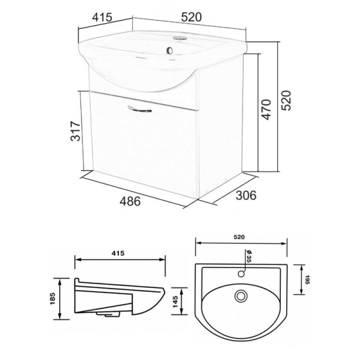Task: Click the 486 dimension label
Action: click(130, 202)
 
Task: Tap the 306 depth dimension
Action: click(246, 195)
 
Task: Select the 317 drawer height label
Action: click(76, 131)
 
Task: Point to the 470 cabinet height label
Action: click(267, 109)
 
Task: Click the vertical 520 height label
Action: click(286, 100)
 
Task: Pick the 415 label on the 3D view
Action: click(102, 18)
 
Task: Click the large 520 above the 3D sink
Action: click(192, 17)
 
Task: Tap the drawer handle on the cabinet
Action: click(139, 109)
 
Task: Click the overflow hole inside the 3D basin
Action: click(170, 50)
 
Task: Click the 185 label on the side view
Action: click(53, 298)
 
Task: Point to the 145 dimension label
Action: click(175, 302)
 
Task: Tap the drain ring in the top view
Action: click(241, 296)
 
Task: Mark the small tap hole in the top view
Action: click(241, 274)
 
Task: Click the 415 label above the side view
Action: click(118, 253)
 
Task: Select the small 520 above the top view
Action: click(239, 237)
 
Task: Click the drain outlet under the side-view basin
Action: click(108, 314)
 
